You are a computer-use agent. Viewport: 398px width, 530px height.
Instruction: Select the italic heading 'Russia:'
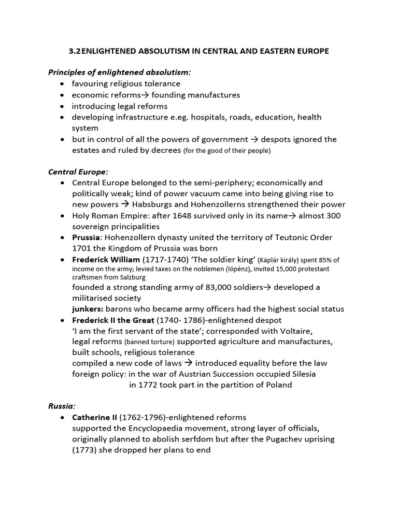click(62, 406)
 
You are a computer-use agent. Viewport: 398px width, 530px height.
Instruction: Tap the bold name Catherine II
click(94, 417)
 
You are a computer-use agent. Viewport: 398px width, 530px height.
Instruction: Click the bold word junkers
click(88, 309)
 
